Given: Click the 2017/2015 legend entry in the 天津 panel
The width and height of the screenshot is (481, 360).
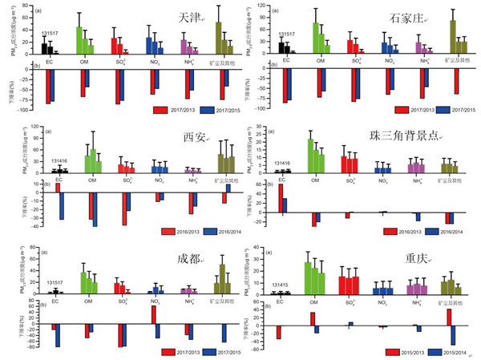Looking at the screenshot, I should (211, 108).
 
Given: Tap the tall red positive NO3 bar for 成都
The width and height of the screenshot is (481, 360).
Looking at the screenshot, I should (152, 313).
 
